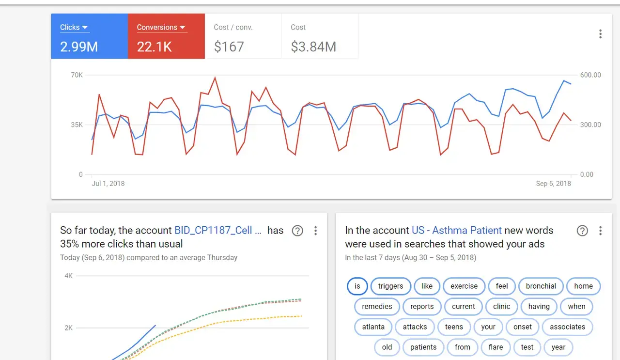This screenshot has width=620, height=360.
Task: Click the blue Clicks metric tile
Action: pos(90,36)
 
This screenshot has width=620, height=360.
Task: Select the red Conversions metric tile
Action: pos(166,36)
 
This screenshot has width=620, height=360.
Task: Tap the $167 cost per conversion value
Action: pos(229,47)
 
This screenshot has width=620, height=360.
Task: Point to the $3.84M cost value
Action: pos(313,47)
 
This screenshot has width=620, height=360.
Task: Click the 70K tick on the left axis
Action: pos(77,75)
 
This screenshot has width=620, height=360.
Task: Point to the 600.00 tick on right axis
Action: pos(590,75)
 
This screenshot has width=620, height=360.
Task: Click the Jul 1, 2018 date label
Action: pos(108,184)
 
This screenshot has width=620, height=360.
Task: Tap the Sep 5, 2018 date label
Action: pos(553,184)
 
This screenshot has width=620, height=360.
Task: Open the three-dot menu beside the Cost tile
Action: pos(600,34)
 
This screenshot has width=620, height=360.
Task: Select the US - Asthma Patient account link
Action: pos(457,231)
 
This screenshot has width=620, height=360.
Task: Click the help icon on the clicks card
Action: pos(297,231)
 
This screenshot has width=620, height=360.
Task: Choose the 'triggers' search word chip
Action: pos(390,286)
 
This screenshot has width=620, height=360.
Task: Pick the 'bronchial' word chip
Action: pos(541,286)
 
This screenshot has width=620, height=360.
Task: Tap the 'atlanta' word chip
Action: pos(373,327)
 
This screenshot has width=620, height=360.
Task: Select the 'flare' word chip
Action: pos(496,347)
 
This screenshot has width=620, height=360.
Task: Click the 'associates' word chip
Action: pos(567,327)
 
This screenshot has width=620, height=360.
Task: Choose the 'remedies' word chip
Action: pos(377,307)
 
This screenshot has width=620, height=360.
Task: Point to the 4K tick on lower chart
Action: pos(68,276)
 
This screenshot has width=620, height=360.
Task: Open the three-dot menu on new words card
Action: pos(600,231)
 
